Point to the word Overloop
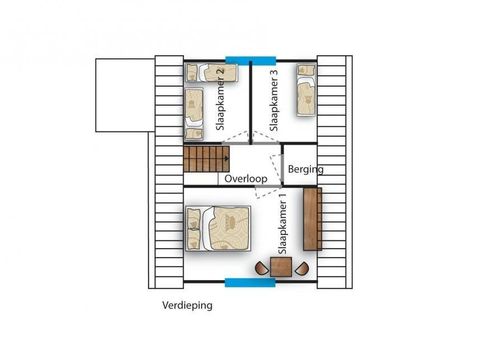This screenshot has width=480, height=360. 245,180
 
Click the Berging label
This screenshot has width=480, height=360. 306,170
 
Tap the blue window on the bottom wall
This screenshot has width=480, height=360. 248,283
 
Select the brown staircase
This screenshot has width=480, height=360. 206,158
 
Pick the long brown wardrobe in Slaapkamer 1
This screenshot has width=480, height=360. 312,221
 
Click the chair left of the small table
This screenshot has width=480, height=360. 261,268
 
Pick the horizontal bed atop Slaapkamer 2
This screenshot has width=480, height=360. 213,72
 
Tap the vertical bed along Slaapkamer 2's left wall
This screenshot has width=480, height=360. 195,110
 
